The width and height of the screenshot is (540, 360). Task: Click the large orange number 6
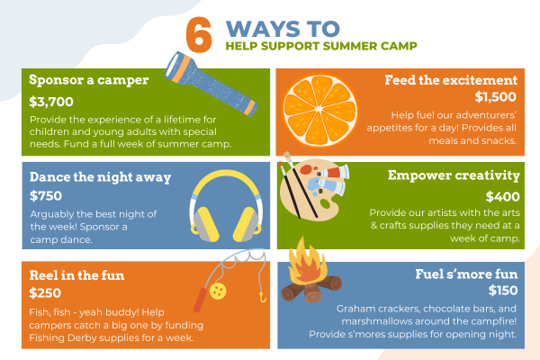tap(199, 35)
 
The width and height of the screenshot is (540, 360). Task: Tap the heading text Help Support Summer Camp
tap(321, 46)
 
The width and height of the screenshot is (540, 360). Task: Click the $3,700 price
tap(51, 102)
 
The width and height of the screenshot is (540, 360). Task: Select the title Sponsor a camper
tap(89, 80)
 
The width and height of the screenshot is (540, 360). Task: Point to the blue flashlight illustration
tap(211, 84)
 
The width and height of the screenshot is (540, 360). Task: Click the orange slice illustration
tap(319, 110)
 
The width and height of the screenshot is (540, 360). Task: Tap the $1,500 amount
tap(496, 97)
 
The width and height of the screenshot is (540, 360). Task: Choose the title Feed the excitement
tap(451, 80)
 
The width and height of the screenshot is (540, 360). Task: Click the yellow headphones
tap(226, 205)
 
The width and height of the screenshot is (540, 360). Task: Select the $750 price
tap(46, 195)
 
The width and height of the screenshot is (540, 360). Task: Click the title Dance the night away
tap(100, 177)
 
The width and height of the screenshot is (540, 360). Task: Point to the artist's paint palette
tap(310, 190)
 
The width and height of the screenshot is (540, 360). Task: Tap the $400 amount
tap(503, 197)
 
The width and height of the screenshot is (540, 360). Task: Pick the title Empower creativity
tap(454, 175)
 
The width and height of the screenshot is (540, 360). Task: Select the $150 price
tap(503, 291)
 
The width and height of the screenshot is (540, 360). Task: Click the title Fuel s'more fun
tap(466, 274)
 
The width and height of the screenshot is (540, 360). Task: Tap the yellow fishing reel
tap(218, 291)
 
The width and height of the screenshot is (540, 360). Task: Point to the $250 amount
tap(45, 292)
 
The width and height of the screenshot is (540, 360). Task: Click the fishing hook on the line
tap(263, 297)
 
